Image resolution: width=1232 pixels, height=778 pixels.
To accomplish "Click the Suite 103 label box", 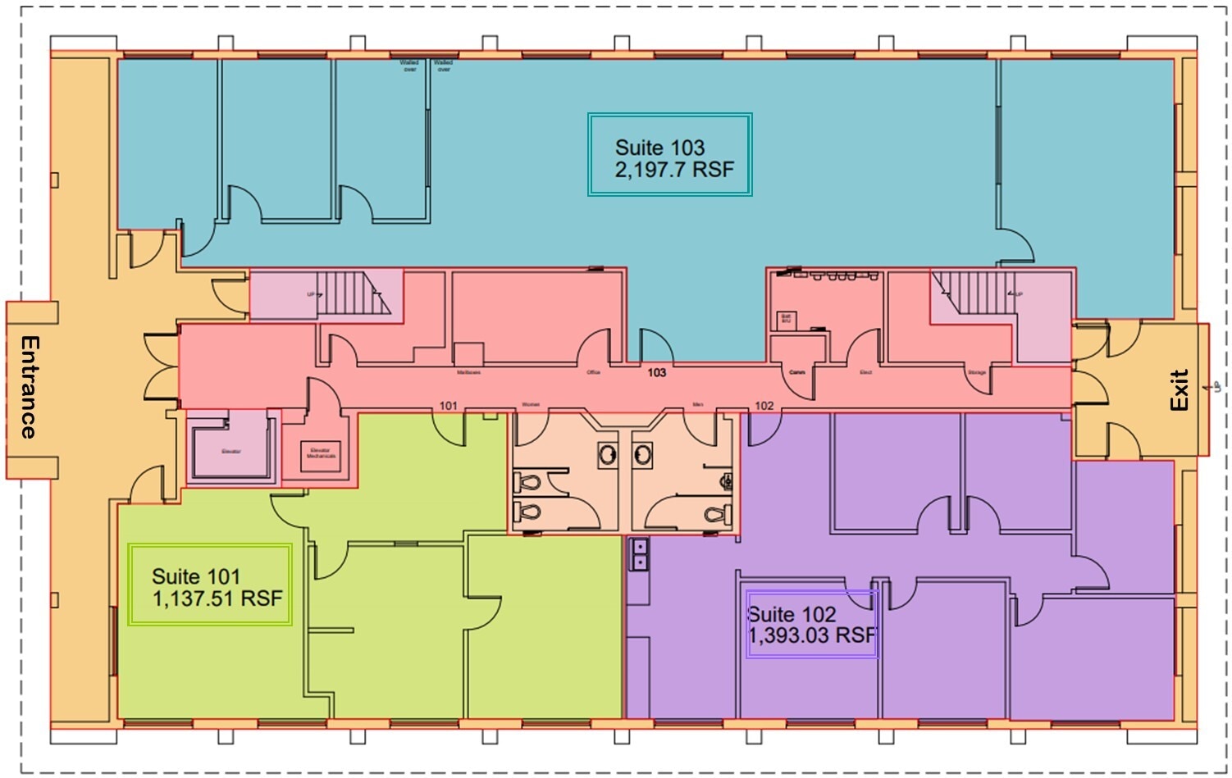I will [x=669, y=155].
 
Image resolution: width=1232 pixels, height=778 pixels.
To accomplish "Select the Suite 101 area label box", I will [x=211, y=585].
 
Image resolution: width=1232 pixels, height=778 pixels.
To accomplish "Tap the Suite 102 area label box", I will [x=811, y=624].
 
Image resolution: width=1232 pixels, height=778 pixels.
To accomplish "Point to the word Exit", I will [x=1179, y=390].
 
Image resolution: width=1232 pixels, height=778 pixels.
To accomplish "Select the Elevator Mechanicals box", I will [x=321, y=454].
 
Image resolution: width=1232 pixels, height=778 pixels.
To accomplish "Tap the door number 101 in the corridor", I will [x=448, y=406].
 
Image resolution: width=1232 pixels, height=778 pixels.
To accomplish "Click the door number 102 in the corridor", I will [x=764, y=406].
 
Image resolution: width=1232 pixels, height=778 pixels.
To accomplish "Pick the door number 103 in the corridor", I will [x=656, y=372].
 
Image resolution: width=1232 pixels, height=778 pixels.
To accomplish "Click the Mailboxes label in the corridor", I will [x=468, y=373].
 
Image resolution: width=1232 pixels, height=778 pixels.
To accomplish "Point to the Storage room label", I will [x=976, y=373].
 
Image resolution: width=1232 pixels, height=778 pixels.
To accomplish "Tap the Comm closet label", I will [x=796, y=372].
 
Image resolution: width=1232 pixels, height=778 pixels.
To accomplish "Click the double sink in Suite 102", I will [x=638, y=554].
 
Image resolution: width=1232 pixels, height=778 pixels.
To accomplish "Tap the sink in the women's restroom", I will [x=607, y=453].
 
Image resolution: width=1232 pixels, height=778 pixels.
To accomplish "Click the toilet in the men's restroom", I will [x=714, y=514].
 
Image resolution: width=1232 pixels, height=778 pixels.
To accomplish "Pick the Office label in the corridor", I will [x=593, y=373].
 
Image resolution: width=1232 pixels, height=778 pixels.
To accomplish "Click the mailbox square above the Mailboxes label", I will [x=468, y=354].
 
